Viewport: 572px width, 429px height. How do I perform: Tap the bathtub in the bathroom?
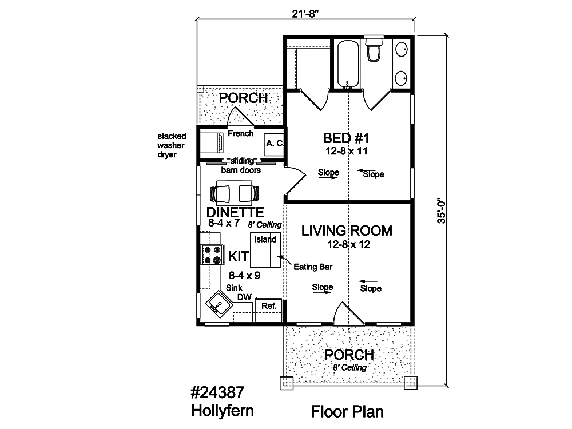point(348,63)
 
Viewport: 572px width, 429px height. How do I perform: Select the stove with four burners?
point(213,255)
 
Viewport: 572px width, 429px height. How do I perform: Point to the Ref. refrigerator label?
point(269,305)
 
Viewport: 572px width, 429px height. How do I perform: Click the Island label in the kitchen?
point(265,239)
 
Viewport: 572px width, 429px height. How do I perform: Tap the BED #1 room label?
point(346,138)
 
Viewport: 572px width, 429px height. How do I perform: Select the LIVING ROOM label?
point(347,231)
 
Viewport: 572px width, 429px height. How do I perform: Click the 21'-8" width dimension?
point(305,14)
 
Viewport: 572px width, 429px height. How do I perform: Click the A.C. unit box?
point(274,144)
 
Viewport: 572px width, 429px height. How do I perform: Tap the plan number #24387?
point(217,392)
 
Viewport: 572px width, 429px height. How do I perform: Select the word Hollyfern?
point(223,411)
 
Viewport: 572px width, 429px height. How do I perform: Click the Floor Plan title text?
point(347,412)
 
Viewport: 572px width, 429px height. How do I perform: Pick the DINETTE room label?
point(235,212)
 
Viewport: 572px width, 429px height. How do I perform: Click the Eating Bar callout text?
point(313,267)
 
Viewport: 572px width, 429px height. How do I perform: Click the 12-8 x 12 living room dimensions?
point(349,244)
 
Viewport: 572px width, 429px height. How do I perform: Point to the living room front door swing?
point(349,313)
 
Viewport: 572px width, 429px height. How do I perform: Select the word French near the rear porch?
point(240,133)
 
